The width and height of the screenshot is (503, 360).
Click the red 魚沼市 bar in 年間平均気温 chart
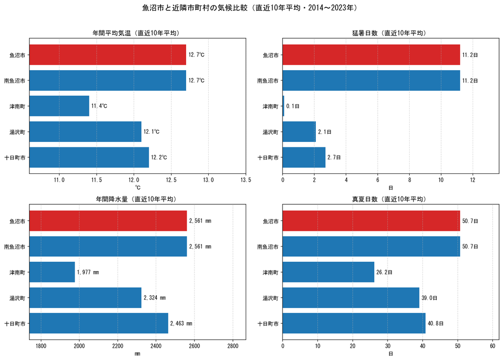(108, 55)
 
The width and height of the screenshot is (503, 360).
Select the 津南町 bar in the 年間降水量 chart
(52, 272)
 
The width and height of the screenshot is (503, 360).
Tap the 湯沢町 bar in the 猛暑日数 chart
(299, 132)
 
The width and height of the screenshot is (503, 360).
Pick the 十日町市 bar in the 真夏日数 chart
(354, 324)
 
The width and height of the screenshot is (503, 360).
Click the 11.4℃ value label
(99, 106)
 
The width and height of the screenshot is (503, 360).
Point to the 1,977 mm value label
(88, 272)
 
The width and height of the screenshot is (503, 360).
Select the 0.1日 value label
(293, 106)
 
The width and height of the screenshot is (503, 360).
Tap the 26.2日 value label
(384, 272)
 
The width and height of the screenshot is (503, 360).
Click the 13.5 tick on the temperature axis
(246, 180)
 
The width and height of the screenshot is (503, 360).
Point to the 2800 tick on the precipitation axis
(233, 346)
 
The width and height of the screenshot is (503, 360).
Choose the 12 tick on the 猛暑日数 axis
(473, 180)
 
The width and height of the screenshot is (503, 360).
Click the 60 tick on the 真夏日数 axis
(492, 346)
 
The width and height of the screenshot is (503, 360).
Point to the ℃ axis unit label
(138, 188)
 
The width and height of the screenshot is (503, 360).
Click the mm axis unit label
(138, 354)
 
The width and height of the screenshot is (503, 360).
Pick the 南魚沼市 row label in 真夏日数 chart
(268, 247)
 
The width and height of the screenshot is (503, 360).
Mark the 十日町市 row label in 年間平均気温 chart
(15, 158)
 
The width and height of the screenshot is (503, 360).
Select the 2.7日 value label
(334, 157)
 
